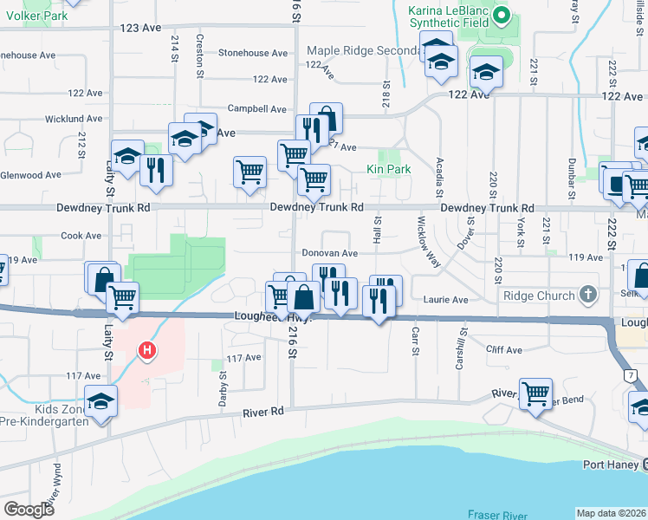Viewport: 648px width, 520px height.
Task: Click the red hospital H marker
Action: [x=147, y=351]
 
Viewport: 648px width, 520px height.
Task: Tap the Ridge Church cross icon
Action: [x=588, y=294]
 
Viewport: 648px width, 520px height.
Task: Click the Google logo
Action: [x=29, y=510]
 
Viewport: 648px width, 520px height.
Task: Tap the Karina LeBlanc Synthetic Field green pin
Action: [x=502, y=16]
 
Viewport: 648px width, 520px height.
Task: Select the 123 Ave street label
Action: [x=141, y=28]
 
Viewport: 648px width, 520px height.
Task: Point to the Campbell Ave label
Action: [x=256, y=109]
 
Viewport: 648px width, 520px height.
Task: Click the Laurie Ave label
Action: [x=446, y=300]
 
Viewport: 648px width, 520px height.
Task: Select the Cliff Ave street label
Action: [x=504, y=350]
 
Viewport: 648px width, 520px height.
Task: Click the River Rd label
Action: [x=264, y=412]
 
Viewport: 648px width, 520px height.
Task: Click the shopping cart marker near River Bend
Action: [x=536, y=393]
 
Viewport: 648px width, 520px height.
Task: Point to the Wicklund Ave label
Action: [x=75, y=119]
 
